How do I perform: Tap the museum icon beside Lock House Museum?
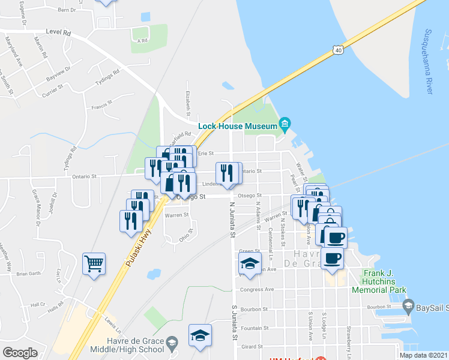coord(286,125)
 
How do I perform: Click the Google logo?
coord(20,352)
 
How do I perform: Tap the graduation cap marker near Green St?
coord(250,263)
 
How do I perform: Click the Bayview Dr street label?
coord(58,73)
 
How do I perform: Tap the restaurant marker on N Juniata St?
coord(226,173)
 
